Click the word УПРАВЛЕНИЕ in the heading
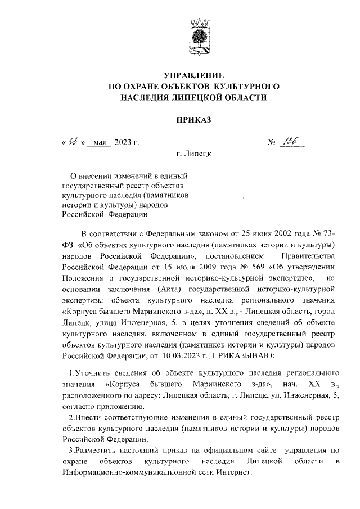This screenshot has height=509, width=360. tap(193, 75)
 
